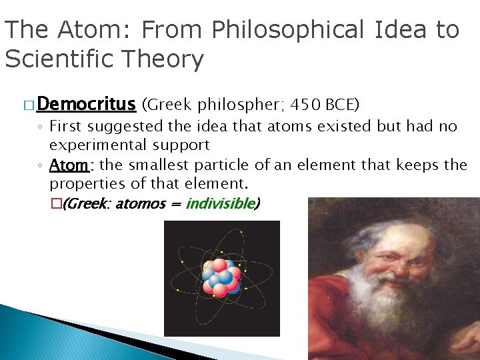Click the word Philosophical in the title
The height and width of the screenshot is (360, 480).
click(x=286, y=30)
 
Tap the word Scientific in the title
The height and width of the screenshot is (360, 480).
click(x=61, y=59)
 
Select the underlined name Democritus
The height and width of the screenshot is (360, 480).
click(x=87, y=104)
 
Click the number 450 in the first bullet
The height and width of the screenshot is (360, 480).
click(x=307, y=105)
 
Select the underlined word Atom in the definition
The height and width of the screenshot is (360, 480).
click(x=69, y=165)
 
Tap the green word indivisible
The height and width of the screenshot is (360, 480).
click(x=219, y=203)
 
